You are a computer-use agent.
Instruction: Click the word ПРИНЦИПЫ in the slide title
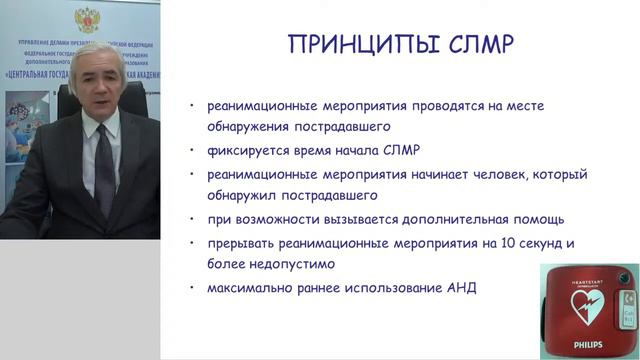[351, 44]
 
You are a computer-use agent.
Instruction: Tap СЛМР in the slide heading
[468, 44]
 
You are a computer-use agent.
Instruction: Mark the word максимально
[250, 289]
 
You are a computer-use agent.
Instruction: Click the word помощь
[538, 219]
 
